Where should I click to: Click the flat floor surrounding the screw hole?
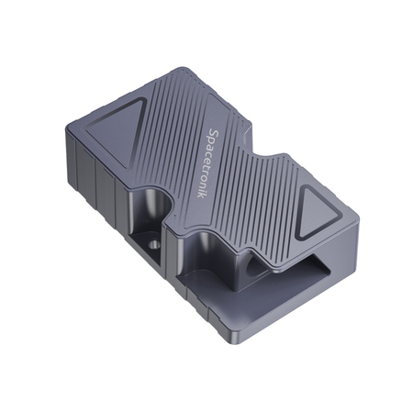165,252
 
